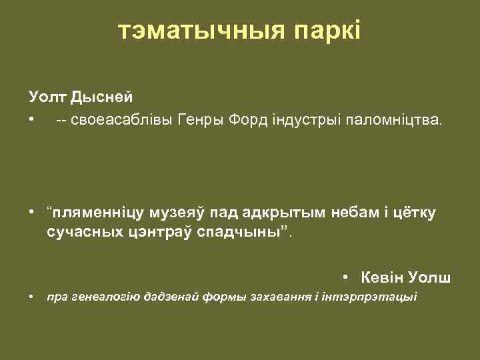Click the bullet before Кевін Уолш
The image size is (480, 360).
tap(347, 277)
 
